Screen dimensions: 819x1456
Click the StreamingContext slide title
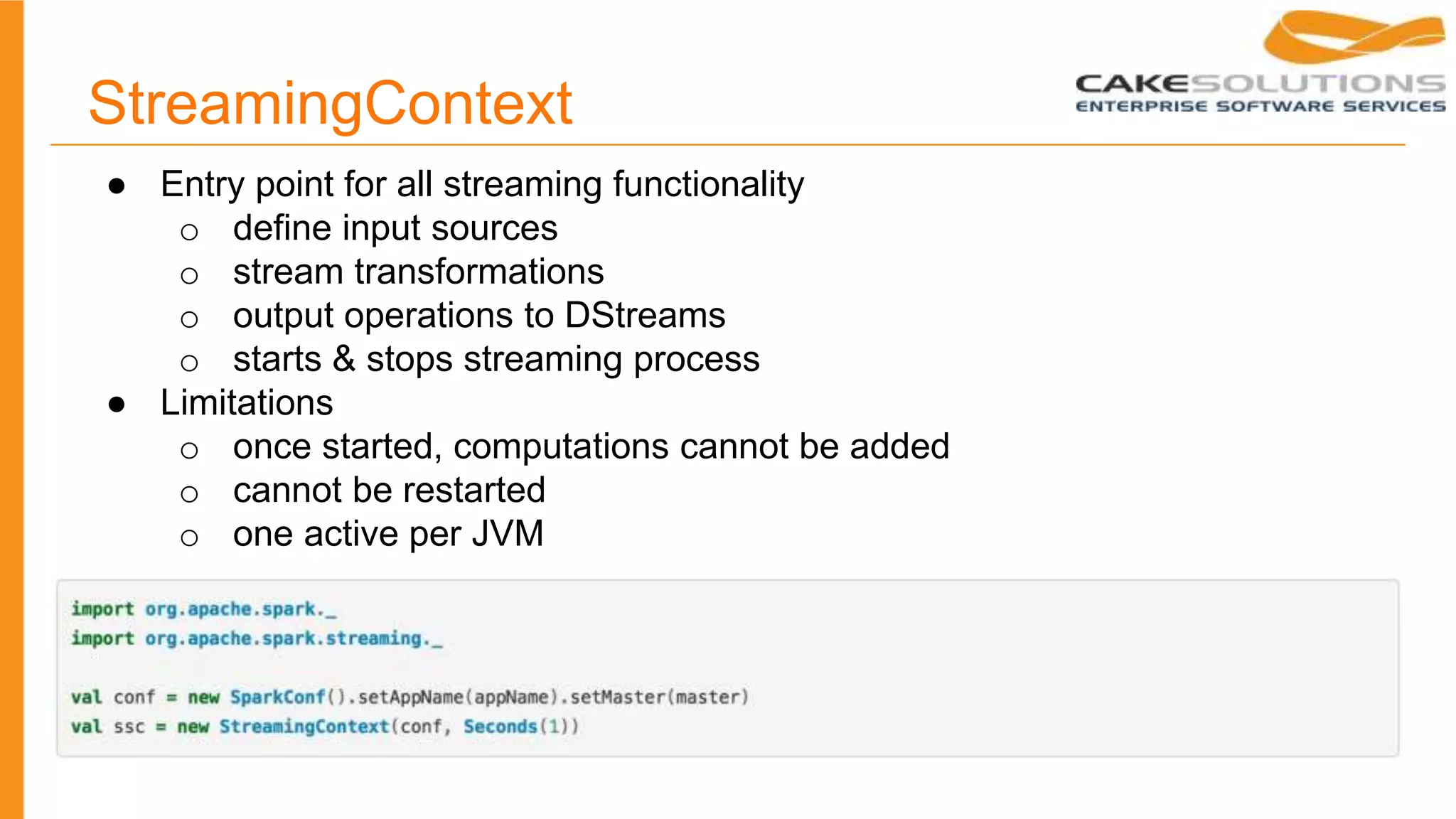330,104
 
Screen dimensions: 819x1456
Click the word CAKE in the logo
1130,84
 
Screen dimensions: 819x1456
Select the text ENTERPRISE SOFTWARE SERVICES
1260,107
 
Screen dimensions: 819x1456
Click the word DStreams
645,315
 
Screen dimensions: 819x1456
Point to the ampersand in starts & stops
344,358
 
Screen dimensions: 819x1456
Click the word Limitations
247,403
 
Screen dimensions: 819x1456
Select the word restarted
469,490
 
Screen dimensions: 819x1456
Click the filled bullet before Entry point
117,186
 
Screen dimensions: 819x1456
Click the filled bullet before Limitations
117,405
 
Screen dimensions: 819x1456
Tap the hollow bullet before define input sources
189,232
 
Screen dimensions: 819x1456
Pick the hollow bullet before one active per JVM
189,537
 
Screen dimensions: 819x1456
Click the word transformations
479,272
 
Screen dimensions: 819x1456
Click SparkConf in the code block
277,697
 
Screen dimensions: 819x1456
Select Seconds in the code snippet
500,727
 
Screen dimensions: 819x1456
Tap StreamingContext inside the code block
304,727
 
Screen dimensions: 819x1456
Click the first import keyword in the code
102,609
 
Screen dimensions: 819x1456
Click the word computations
561,446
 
